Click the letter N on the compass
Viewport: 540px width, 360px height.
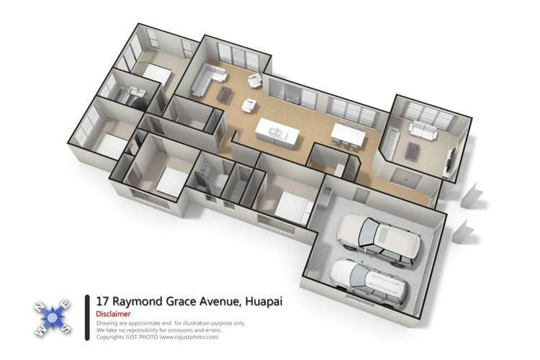38,306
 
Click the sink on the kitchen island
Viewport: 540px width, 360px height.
276,130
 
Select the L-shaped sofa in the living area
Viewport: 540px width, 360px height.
205,78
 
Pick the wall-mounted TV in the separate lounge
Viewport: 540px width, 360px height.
451,162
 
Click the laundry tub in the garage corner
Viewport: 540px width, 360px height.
328,192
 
